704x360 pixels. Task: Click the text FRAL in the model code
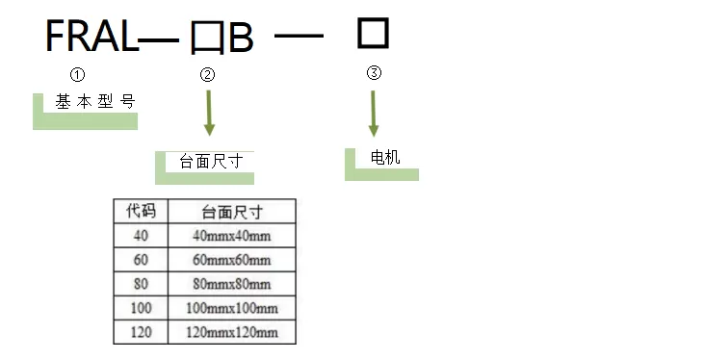point(91,37)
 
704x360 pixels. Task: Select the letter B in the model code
point(240,39)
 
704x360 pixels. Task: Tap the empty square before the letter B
point(207,39)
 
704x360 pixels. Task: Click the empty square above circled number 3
point(373,34)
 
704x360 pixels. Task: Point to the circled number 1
point(79,74)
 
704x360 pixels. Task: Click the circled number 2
point(207,75)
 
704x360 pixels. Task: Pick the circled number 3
point(375,73)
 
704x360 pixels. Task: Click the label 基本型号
point(94,101)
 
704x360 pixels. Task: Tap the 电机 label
point(385,157)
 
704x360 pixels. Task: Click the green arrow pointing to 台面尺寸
point(209,115)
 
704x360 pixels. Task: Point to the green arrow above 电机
point(374,114)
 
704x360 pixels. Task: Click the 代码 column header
point(141,211)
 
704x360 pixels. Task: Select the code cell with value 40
point(141,236)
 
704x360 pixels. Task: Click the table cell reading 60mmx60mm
point(232,260)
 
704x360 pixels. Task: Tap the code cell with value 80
point(141,284)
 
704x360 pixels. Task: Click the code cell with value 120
point(141,332)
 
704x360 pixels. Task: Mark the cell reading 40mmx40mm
point(232,236)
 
